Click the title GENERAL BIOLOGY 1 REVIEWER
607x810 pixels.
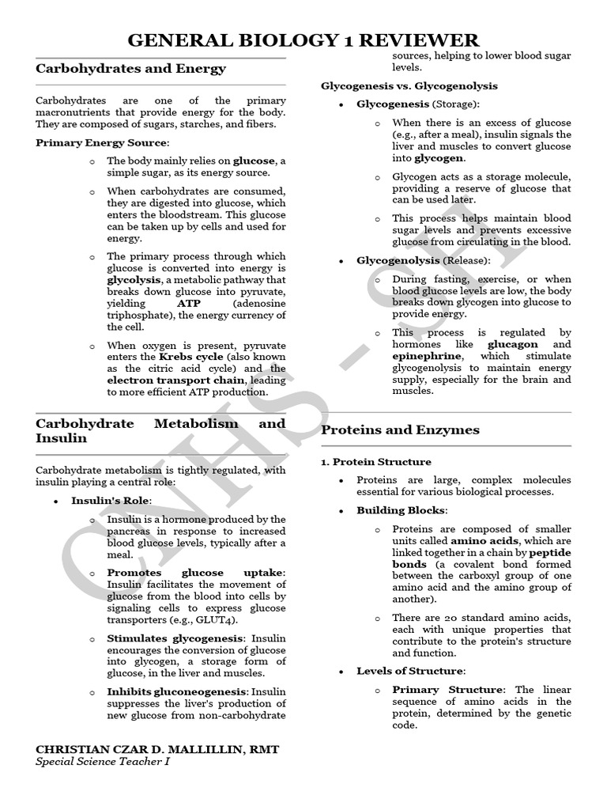303,40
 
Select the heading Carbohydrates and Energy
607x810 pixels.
130,69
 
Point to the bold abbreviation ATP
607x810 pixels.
189,303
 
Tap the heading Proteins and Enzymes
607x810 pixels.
400,430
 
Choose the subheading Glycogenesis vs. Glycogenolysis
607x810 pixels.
409,85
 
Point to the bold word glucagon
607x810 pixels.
513,345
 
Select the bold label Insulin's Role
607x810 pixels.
111,501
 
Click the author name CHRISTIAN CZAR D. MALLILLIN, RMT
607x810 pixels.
157,749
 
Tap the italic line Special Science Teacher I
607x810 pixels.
102,762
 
